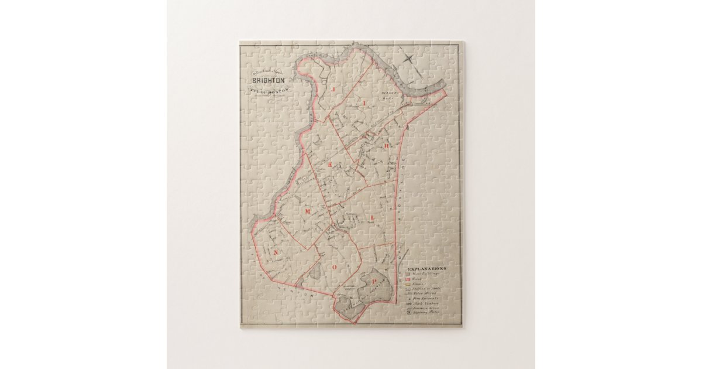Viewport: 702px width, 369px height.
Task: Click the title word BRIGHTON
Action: (269, 80)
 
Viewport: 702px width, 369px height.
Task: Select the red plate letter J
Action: (331, 88)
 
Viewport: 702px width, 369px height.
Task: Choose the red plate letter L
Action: (372, 218)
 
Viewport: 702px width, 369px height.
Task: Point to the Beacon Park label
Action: (390, 94)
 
